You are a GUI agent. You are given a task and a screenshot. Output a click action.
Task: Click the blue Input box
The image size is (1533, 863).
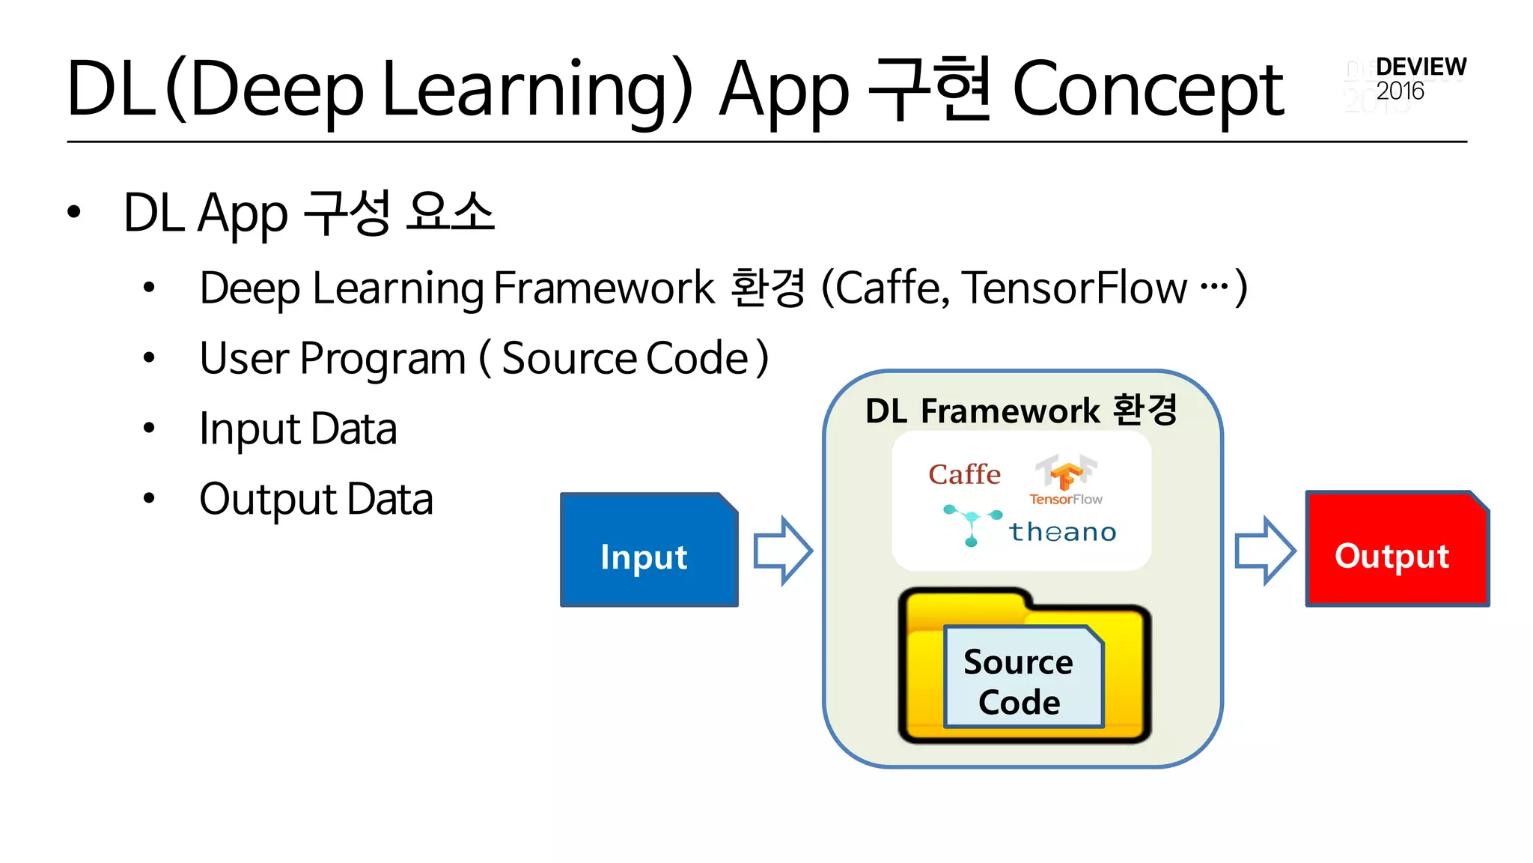pos(648,551)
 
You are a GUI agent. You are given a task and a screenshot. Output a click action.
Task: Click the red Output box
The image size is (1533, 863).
pos(1397,551)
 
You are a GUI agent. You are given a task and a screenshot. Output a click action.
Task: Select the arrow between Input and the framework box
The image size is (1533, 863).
pos(782,551)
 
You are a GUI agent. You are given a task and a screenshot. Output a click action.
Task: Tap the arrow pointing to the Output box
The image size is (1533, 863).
pos(1264,551)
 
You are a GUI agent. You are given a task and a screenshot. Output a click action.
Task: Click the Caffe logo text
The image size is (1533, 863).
pos(964,474)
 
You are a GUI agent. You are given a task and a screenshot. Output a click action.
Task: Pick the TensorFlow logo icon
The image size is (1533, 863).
pos(1066,473)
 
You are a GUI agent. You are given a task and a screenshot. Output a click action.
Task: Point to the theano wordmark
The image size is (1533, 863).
pos(1062,532)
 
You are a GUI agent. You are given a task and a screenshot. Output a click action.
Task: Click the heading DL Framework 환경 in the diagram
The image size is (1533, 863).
pos(1021,411)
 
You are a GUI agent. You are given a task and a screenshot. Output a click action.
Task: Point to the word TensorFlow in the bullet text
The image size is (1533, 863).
pos(1074,288)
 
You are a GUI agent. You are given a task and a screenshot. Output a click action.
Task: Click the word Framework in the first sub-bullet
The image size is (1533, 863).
pos(604,288)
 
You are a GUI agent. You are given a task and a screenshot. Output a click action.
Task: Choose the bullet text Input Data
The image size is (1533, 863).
pos(298,429)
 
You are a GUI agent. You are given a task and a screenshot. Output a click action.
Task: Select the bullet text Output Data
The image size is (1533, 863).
pos(316,500)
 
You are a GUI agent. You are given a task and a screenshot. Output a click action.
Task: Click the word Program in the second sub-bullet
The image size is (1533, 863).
pos(383,359)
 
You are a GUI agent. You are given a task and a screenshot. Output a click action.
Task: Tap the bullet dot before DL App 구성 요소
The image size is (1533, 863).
pos(73,213)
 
